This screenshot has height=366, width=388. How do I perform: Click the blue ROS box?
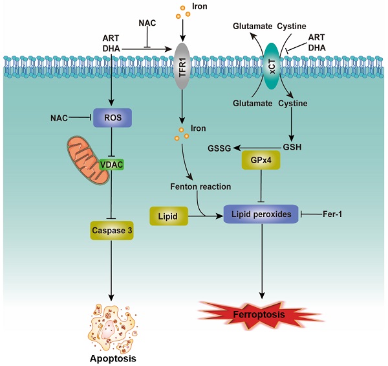pyautogui.click(x=113, y=117)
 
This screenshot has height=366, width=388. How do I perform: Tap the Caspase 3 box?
pyautogui.click(x=113, y=229)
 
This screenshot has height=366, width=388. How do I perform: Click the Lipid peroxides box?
pyautogui.click(x=261, y=213)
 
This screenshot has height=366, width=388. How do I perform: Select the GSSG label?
pyautogui.click(x=218, y=148)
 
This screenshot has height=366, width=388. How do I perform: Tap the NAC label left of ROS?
pyautogui.click(x=60, y=117)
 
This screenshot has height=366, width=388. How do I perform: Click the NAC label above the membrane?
pyautogui.click(x=148, y=23)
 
